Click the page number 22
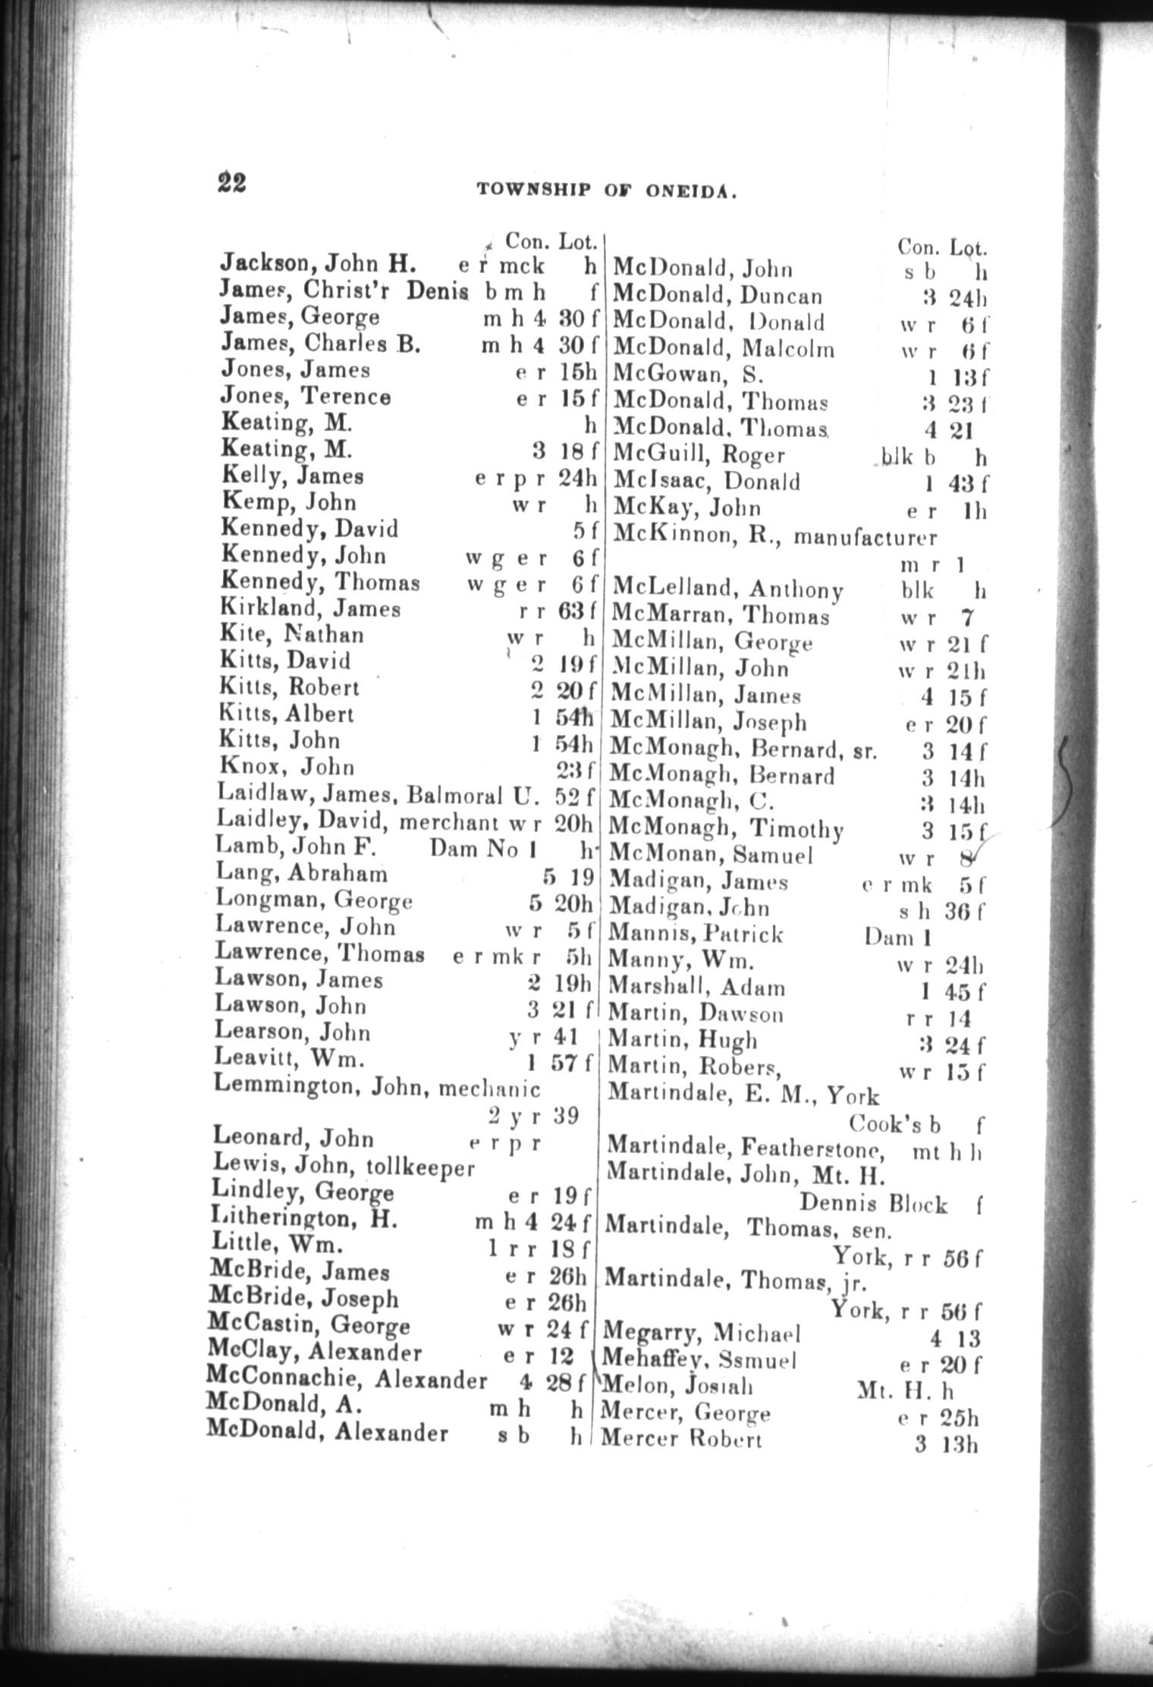(231, 183)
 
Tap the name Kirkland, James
(309, 609)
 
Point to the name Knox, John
(286, 768)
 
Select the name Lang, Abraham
(301, 875)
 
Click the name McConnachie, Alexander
(346, 1379)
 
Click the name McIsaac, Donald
(705, 482)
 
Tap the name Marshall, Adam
(696, 988)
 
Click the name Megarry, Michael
(702, 1333)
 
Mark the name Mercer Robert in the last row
(680, 1440)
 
